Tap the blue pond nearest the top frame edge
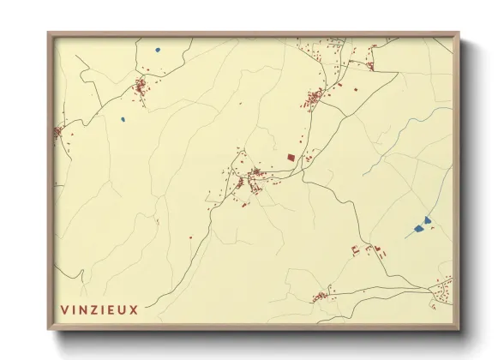pos(158,50)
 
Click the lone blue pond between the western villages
pos(123,119)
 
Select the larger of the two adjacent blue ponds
pos(418,228)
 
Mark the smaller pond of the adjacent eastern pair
pos(427,220)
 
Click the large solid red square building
pos(290,157)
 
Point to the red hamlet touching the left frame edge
pos(58,132)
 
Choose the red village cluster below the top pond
pos(141,86)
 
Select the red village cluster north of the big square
pos(314,97)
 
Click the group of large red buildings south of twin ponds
pos(366,250)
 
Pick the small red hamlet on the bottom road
pos(320,297)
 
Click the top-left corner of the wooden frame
pos(49,34)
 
